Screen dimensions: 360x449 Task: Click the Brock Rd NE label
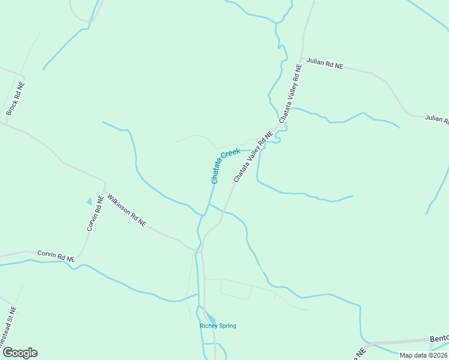[16, 99]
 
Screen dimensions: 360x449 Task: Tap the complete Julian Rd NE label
[325, 64]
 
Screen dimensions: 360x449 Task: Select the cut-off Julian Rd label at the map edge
[436, 119]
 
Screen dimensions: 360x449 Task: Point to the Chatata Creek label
[225, 166]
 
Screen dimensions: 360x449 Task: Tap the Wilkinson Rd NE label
[127, 209]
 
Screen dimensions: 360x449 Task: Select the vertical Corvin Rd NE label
[95, 213]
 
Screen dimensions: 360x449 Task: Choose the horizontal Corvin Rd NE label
[56, 255]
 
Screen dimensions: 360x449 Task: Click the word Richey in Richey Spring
[209, 326]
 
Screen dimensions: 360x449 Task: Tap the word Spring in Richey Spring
[228, 326]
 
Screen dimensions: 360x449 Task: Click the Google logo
[20, 353]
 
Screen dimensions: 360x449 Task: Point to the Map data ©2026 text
[423, 355]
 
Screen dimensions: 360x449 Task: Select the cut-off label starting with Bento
[439, 339]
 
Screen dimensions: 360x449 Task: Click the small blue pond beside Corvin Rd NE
[90, 202]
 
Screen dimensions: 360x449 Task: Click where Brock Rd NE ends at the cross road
[6, 124]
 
